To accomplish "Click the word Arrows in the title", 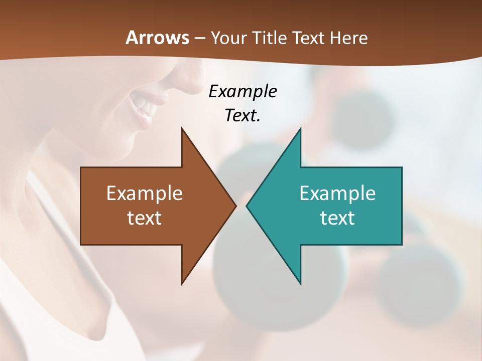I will click(157, 38).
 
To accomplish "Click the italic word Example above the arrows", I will click(243, 92).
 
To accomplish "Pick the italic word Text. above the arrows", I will click(243, 115).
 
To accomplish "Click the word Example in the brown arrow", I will click(145, 193).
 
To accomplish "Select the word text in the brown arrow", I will click(145, 218).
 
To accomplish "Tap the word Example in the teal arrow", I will click(337, 193).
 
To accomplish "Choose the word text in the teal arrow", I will click(337, 218).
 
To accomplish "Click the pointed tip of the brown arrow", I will click(235, 206).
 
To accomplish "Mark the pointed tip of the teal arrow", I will click(247, 206).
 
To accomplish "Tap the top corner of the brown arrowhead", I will click(182, 129).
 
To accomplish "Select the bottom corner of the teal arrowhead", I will click(300, 283).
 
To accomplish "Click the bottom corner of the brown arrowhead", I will click(182, 283).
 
